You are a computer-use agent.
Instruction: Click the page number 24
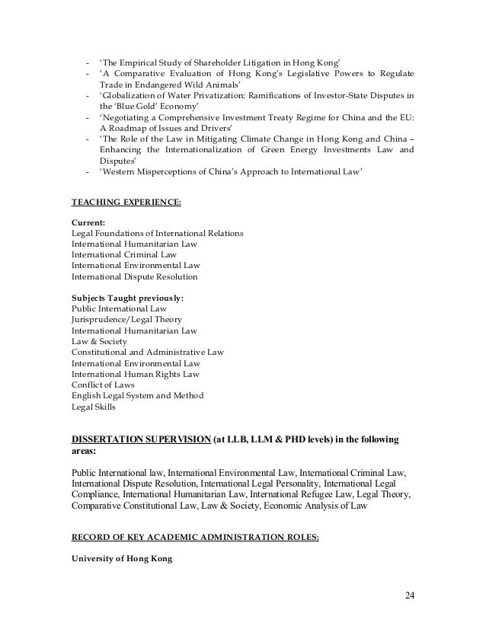(412, 595)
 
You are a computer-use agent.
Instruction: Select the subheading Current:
(88, 222)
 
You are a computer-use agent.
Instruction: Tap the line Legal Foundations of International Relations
(157, 233)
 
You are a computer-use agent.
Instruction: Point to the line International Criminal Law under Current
(123, 255)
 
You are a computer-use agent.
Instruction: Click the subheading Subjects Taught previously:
(127, 299)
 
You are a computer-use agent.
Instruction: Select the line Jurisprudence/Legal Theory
(126, 321)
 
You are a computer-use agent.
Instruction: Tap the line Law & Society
(99, 342)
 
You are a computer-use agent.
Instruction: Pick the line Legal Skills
(94, 407)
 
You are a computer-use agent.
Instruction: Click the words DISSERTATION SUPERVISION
(142, 440)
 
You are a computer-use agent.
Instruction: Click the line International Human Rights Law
(135, 375)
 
